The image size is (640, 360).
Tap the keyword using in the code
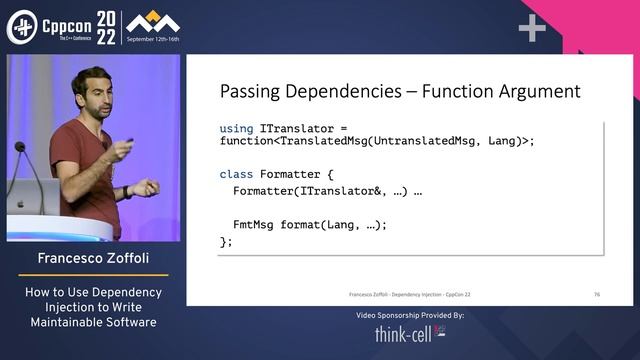tap(237, 128)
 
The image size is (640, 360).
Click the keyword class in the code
tap(237, 174)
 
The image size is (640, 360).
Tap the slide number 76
tap(596, 295)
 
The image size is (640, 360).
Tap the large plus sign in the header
tap(531, 28)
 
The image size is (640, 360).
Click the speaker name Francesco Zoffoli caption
tap(93, 258)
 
